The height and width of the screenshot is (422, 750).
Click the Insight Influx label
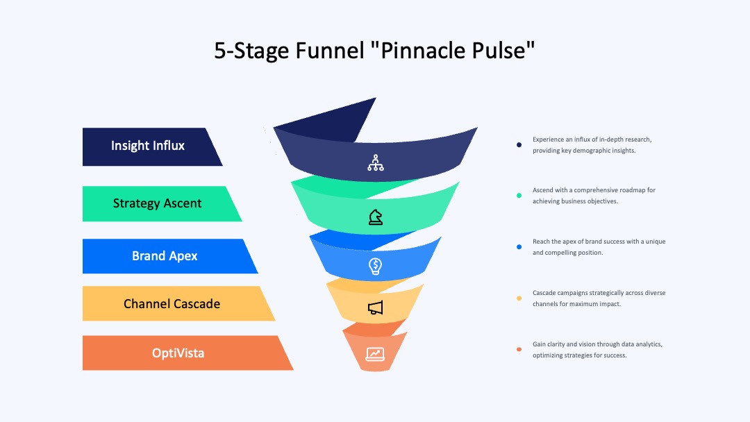tap(148, 146)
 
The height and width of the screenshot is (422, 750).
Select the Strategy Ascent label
tap(158, 203)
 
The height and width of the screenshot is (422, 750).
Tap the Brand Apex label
tap(165, 256)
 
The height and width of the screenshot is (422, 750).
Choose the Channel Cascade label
tap(172, 303)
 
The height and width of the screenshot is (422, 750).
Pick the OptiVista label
tap(178, 353)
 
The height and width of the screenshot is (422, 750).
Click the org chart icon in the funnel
tap(376, 162)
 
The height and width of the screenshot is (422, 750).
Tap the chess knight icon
tap(376, 217)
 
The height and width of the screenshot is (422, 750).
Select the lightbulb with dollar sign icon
tap(376, 267)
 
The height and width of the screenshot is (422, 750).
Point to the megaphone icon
tap(376, 307)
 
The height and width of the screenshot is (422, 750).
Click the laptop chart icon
tap(375, 354)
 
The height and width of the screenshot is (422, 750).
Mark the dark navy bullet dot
tap(519, 145)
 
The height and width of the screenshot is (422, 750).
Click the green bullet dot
tap(519, 196)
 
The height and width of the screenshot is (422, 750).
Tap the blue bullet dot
tap(519, 247)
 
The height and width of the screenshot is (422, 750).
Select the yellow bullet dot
tap(519, 298)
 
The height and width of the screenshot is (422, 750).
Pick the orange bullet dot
tap(519, 349)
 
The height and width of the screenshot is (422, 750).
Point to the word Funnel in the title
tap(330, 51)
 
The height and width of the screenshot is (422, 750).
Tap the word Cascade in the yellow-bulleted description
tap(544, 293)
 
